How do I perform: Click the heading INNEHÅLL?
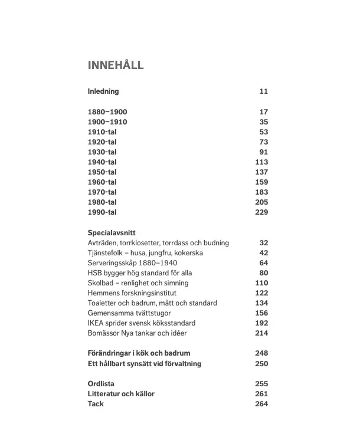(x=115, y=65)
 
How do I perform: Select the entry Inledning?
(x=103, y=91)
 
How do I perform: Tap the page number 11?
(x=263, y=91)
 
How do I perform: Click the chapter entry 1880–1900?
(x=107, y=112)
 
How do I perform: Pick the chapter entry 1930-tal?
(x=102, y=152)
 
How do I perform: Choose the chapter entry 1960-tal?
(x=102, y=182)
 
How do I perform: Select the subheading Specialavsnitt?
(x=112, y=233)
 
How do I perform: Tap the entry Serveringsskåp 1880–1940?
(x=132, y=263)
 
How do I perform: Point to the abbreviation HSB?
(x=95, y=273)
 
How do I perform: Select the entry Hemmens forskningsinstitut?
(x=132, y=293)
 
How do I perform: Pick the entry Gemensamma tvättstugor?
(x=128, y=313)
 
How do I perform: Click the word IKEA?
(x=97, y=323)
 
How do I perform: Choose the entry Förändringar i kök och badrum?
(x=139, y=353)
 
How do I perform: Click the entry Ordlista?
(x=101, y=383)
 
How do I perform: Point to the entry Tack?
(x=96, y=404)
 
